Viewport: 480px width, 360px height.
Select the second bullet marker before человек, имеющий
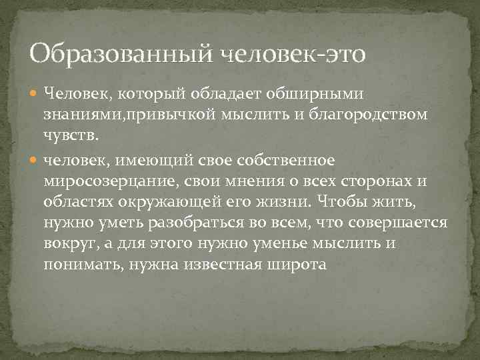click(37, 160)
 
